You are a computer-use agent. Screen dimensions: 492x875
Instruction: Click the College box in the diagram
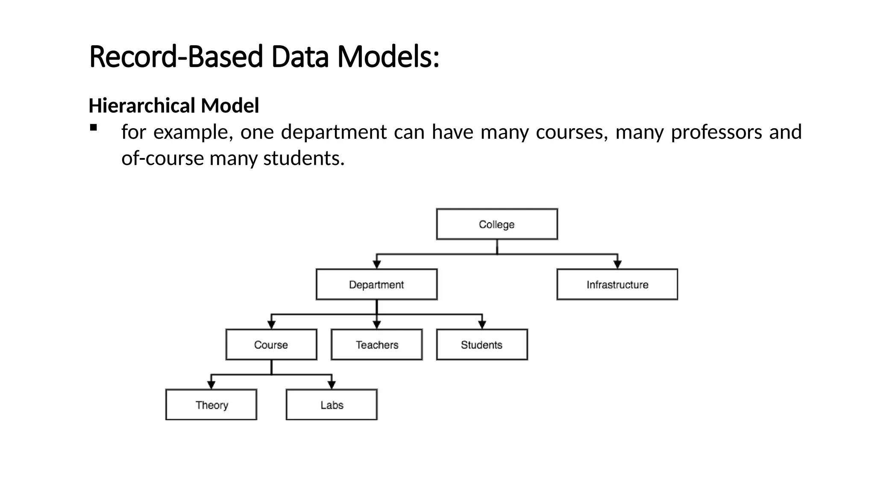point(496,224)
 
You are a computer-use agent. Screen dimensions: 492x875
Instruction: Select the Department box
point(376,284)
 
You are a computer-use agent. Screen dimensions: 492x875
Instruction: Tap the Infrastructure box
point(617,284)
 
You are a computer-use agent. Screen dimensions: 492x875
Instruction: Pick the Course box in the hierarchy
point(271,345)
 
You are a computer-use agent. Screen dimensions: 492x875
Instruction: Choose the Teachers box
point(376,345)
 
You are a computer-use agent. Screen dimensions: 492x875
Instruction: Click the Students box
point(482,345)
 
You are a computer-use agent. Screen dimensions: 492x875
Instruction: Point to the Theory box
point(211,405)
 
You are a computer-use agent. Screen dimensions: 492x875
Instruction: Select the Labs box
point(332,405)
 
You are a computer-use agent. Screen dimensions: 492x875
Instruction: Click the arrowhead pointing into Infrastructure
point(617,264)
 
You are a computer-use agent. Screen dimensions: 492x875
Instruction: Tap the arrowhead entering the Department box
point(376,264)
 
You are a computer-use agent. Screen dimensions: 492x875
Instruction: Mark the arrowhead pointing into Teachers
point(376,325)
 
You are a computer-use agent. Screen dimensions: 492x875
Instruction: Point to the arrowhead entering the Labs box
point(332,385)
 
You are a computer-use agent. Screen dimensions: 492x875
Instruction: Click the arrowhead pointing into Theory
point(211,385)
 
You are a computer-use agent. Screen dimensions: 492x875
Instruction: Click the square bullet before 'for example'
point(94,128)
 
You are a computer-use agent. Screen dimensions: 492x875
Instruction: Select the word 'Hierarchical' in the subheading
point(142,105)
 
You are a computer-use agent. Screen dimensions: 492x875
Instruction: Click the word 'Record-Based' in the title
point(176,57)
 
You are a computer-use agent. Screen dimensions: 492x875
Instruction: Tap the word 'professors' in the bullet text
point(716,132)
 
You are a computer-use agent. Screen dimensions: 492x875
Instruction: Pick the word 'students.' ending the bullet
point(304,158)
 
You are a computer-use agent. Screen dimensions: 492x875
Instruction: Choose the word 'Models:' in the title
point(388,57)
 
